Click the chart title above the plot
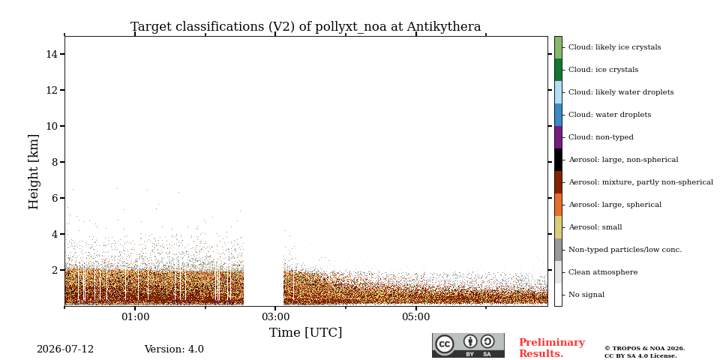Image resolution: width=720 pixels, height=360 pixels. [306, 27]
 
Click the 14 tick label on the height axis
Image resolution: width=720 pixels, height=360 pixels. [52, 54]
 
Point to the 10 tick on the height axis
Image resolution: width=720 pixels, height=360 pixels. [62, 126]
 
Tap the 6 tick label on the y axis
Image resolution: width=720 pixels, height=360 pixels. [55, 198]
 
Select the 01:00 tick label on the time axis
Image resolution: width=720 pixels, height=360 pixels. [135, 316]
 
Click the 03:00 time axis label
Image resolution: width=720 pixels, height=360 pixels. [275, 316]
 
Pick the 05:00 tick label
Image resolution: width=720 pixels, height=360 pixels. [416, 316]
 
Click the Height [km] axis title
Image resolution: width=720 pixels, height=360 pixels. [34, 172]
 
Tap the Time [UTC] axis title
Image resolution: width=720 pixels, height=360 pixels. [306, 332]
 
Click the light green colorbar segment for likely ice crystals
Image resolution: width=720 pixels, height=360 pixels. [558, 48]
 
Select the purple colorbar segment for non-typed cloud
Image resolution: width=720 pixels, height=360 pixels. [558, 137]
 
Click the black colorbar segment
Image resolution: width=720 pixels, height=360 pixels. [558, 160]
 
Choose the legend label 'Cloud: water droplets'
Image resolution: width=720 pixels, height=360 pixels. [610, 115]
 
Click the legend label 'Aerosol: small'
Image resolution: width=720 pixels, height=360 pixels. [595, 227]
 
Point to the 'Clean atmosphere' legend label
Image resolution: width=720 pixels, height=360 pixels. [603, 272]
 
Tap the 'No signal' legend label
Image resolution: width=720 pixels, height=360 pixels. [586, 295]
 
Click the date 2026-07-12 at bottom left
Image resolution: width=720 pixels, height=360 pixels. [65, 349]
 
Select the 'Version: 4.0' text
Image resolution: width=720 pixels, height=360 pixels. [174, 349]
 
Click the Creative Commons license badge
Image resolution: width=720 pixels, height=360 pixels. [468, 345]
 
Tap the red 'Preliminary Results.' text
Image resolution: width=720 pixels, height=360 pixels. [552, 348]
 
